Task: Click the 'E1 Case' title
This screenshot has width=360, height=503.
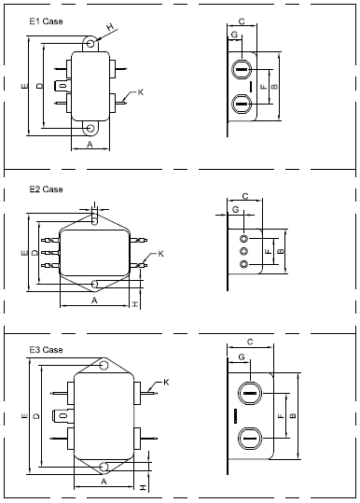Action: click(x=46, y=21)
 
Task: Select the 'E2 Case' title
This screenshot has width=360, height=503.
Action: click(x=46, y=189)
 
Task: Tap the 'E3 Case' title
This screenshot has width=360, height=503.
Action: click(x=46, y=350)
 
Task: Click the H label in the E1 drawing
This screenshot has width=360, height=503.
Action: click(x=110, y=27)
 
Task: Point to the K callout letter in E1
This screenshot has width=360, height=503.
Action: click(x=141, y=92)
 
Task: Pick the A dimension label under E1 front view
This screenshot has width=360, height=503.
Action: click(x=90, y=145)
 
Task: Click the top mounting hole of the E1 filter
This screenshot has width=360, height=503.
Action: click(x=90, y=43)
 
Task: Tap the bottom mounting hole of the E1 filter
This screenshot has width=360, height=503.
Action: click(x=90, y=129)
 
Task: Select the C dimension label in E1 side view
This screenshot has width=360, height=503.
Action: click(x=242, y=21)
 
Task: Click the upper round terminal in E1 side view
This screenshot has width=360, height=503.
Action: click(x=240, y=70)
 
